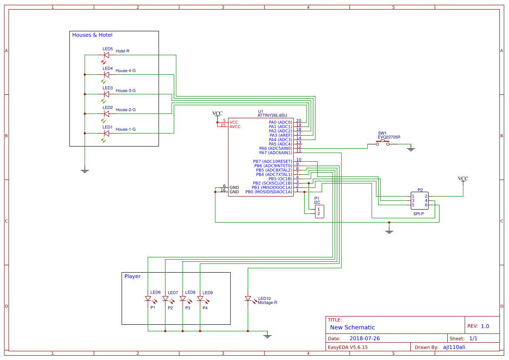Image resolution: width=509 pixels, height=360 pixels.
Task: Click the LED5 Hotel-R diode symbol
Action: click(106, 55)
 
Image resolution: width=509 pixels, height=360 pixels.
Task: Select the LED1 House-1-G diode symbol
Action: click(106, 133)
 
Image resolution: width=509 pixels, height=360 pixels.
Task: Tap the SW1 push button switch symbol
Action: click(383, 143)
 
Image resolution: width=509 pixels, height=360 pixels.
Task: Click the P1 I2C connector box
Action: click(319, 211)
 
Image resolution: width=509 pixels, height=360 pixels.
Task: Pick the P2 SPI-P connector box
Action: click(420, 200)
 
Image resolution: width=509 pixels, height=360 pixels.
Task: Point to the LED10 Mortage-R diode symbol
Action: click(248, 299)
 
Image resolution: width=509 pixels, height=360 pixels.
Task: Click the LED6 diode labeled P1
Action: click(148, 299)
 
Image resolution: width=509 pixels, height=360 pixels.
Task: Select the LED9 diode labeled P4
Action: click(200, 299)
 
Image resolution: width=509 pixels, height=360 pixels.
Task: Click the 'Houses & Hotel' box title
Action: click(92, 35)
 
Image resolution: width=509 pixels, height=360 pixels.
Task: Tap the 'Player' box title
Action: click(133, 276)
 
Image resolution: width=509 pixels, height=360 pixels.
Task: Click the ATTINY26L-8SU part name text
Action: click(272, 115)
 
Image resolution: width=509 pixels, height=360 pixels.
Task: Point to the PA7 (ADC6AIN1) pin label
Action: click(275, 153)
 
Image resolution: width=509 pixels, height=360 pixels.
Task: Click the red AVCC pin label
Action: click(235, 127)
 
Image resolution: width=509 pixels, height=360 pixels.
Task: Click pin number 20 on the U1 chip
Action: click(299, 120)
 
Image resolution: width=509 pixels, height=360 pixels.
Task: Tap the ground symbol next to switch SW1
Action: click(410, 150)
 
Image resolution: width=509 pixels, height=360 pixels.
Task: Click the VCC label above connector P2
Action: click(463, 179)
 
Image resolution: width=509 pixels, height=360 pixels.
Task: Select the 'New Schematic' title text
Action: click(352, 327)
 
